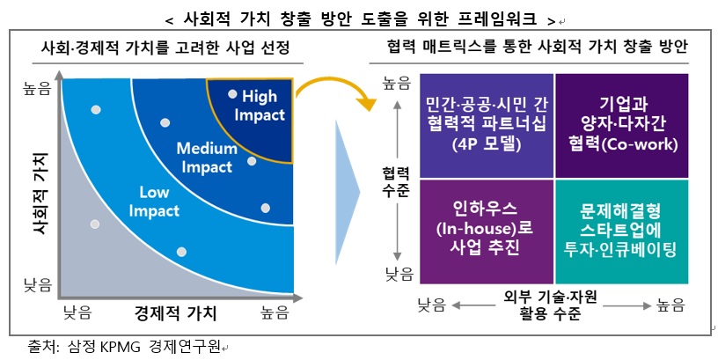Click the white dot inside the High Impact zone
232,93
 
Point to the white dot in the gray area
95,224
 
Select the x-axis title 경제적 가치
175,312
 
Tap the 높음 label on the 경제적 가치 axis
279,312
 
